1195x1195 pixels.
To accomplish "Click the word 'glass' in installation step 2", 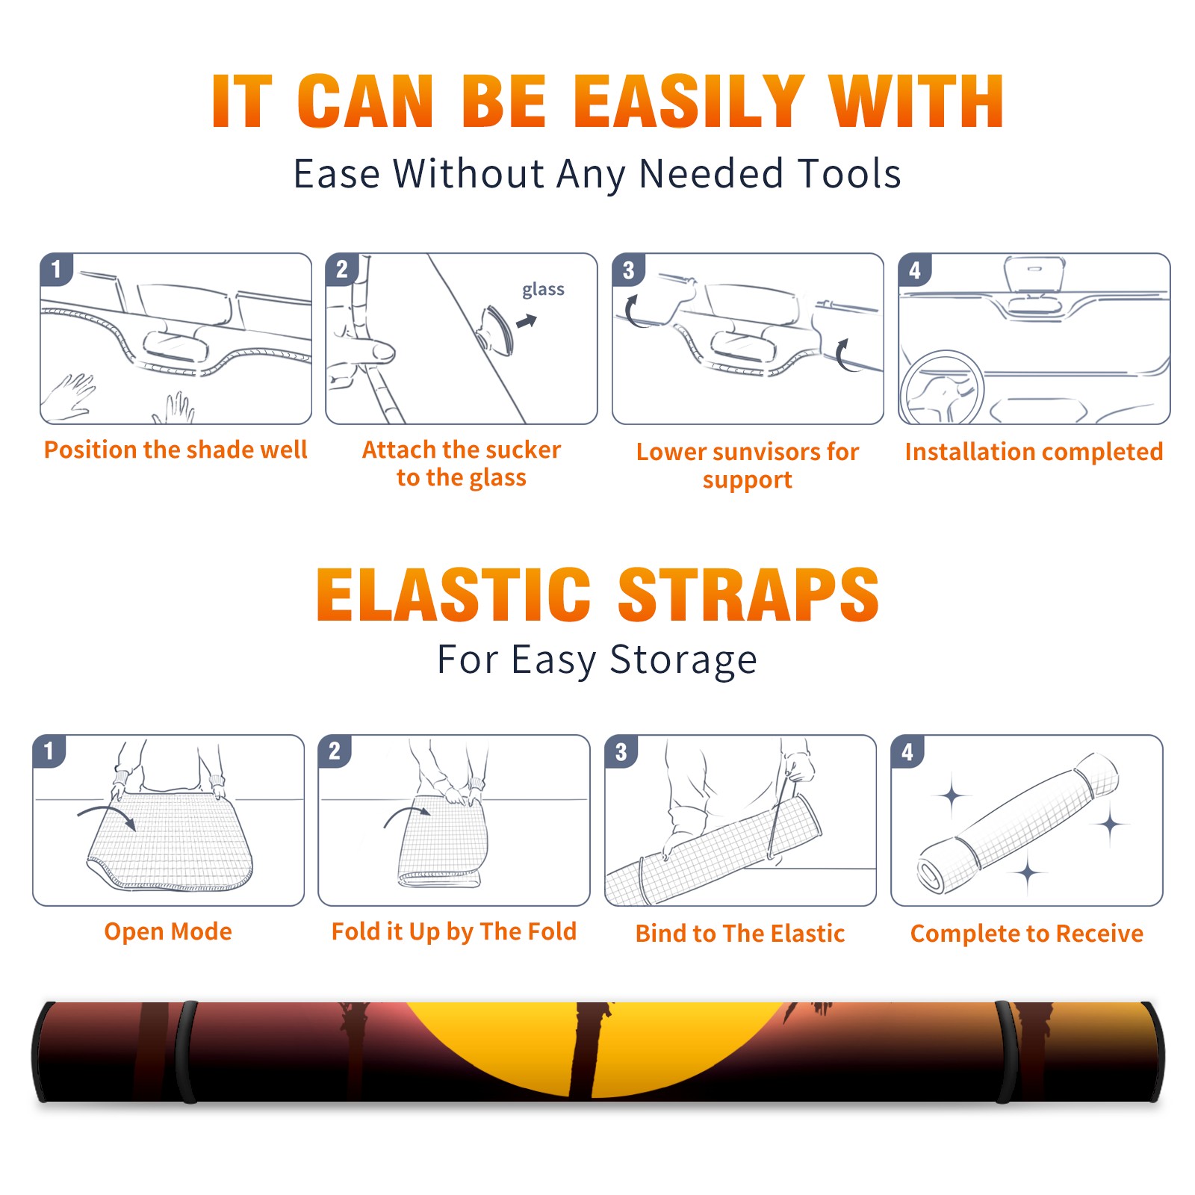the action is [x=543, y=290].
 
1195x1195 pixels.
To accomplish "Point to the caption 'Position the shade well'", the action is [x=176, y=450].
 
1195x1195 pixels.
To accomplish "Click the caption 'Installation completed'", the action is [x=1034, y=452].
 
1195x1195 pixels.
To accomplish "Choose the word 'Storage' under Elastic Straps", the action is [x=683, y=660].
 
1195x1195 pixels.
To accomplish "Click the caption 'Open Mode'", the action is [x=168, y=931].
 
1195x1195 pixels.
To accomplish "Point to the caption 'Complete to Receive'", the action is [x=1027, y=934].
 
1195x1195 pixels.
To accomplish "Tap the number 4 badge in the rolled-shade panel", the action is [x=907, y=751].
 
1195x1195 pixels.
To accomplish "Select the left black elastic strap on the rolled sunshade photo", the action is [x=186, y=1052].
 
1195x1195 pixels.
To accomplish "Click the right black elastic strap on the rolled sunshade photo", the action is [x=1007, y=1052].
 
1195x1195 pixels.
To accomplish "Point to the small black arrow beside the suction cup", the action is [x=527, y=321].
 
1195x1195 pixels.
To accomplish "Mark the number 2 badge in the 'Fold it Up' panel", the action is [x=335, y=751].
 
